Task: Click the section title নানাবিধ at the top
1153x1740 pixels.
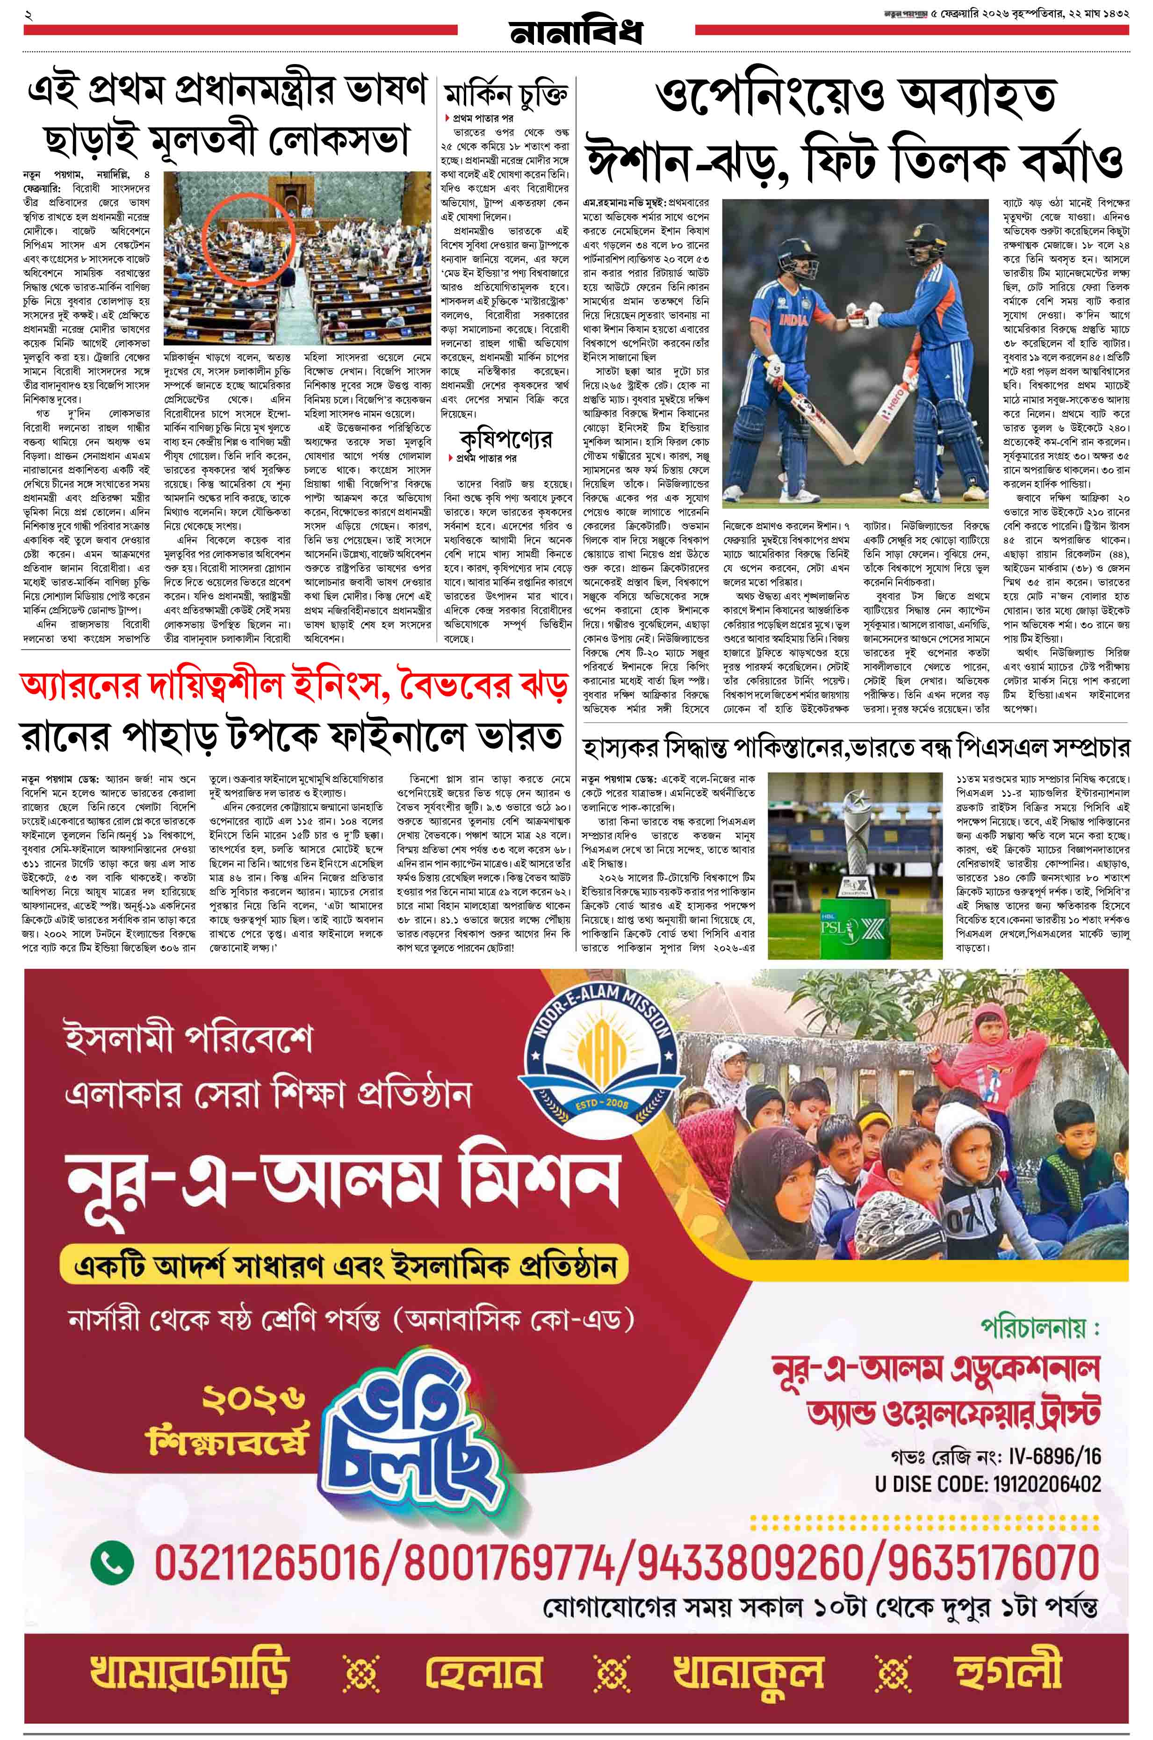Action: coord(576,32)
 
